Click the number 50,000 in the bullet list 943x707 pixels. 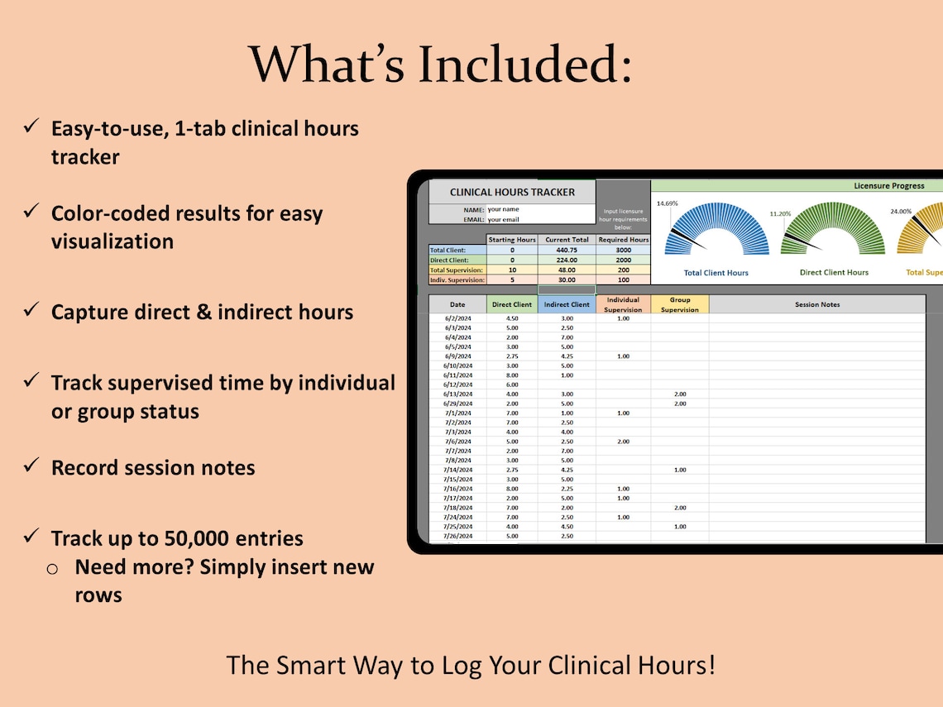185,538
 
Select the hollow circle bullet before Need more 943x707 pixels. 52,569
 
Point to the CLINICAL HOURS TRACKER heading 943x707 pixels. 512,192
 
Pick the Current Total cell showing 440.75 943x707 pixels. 567,250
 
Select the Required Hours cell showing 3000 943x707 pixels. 623,250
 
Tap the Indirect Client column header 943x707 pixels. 567,304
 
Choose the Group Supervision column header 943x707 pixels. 679,304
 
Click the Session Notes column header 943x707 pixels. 817,304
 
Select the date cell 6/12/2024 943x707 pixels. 457,385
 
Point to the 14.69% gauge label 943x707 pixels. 668,203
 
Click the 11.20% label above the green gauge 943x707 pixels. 780,213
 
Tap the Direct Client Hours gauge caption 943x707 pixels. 834,272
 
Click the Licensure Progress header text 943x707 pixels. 889,186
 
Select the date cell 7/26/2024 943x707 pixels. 457,536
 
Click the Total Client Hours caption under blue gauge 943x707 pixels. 716,273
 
